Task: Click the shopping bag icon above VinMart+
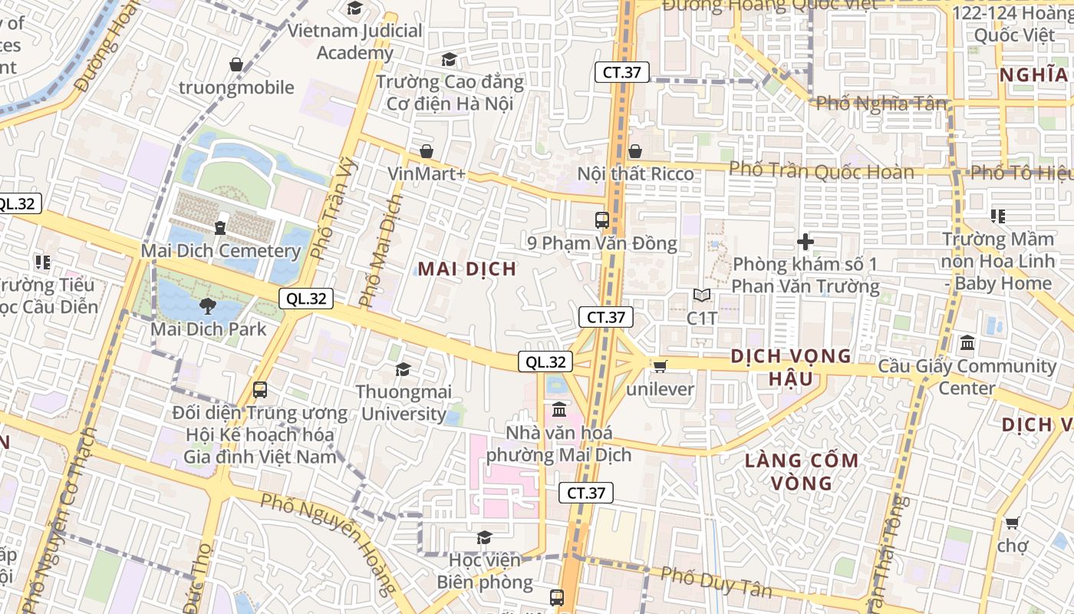click(427, 151)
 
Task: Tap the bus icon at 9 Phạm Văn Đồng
click(602, 220)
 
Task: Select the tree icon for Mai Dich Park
click(207, 306)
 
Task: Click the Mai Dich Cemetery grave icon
click(220, 227)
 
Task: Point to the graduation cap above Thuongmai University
click(402, 370)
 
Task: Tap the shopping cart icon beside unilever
click(660, 366)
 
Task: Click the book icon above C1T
click(701, 295)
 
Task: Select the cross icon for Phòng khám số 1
click(805, 242)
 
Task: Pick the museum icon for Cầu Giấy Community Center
click(967, 343)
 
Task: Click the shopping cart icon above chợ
click(1012, 523)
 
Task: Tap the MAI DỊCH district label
click(467, 269)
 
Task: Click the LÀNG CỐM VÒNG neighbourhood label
click(802, 471)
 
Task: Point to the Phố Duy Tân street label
click(716, 582)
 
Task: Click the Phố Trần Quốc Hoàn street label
click(821, 170)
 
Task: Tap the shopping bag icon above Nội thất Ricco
click(634, 151)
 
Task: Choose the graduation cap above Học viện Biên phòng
click(484, 537)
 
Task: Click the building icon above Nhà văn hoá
click(558, 409)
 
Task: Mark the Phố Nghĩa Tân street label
click(881, 103)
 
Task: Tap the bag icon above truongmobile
click(236, 64)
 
